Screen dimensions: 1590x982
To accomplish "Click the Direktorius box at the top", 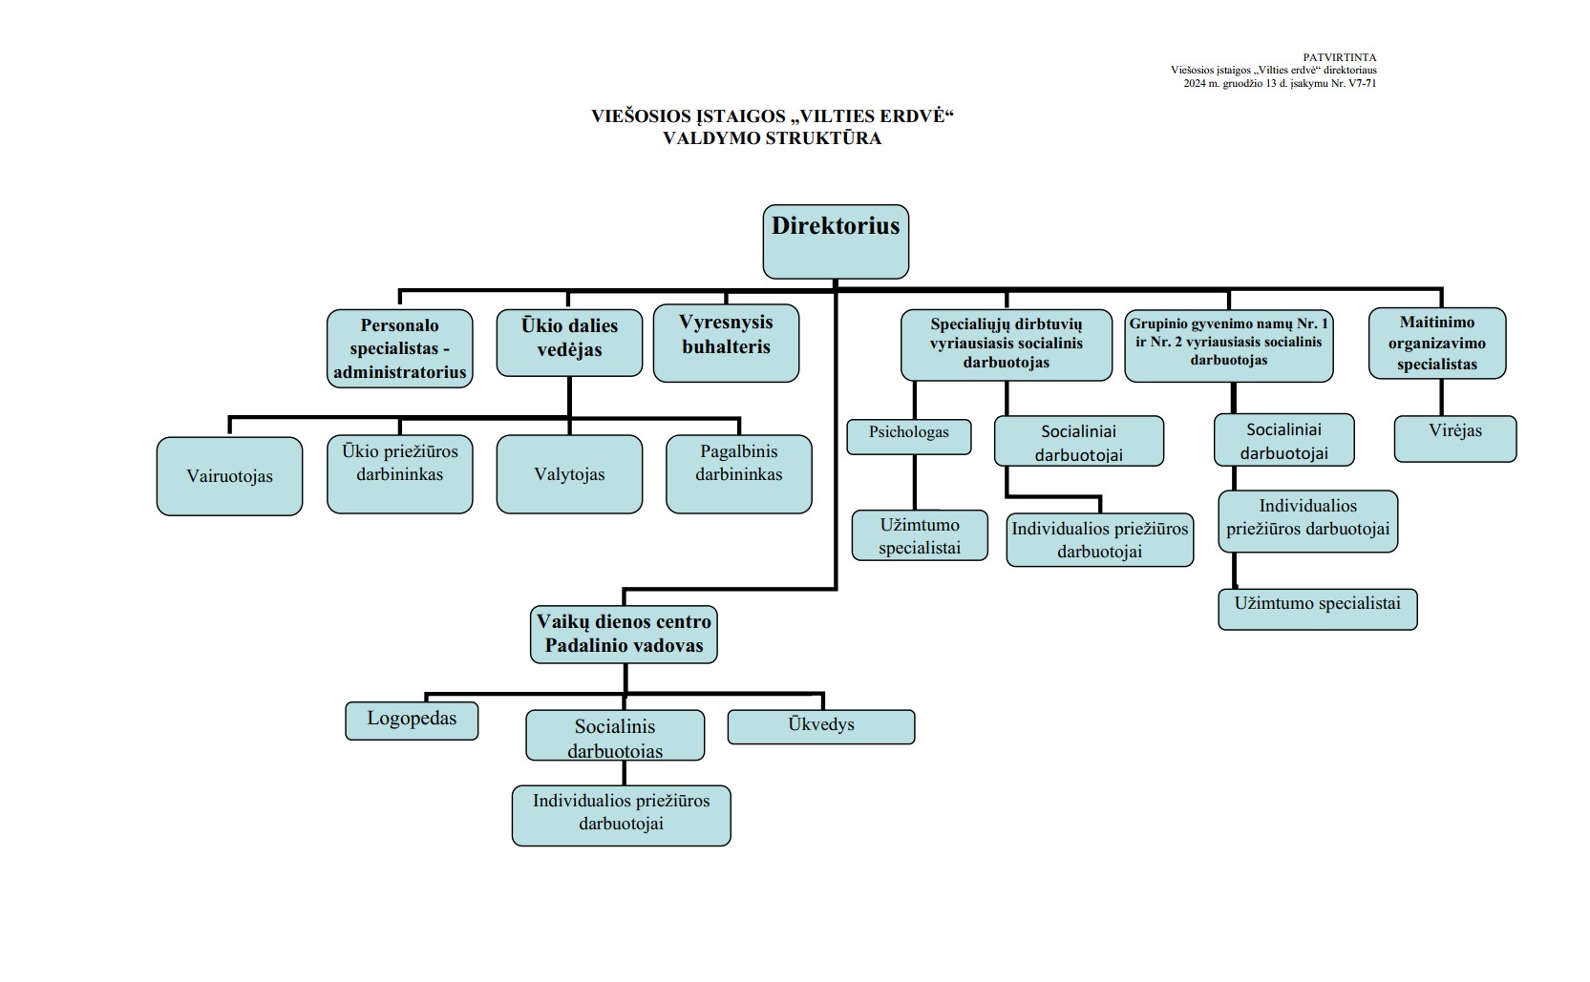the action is coord(836,241).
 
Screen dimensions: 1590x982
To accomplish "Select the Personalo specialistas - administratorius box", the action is coord(399,348).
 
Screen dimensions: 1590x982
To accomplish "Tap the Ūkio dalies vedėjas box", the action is coord(569,343).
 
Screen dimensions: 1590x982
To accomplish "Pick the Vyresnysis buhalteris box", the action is coord(726,344).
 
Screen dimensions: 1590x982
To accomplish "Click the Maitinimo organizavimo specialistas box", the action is coord(1437,344).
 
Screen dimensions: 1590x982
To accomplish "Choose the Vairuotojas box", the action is coord(229,476).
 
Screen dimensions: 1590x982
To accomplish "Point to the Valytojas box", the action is coord(569,474).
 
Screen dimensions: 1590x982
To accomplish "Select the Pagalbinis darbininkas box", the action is coord(739,474).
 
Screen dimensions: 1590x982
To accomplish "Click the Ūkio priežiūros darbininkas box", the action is coord(399,474).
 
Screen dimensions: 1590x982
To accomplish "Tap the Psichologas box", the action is coord(908,437).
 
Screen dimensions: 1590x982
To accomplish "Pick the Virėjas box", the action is coord(1455,439).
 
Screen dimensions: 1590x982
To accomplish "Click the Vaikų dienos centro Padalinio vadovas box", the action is coord(624,635).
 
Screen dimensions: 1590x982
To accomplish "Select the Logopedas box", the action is coord(412,721).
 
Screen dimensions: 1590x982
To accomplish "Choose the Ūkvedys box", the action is coord(821,726).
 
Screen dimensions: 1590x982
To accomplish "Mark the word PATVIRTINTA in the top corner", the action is coord(1340,57).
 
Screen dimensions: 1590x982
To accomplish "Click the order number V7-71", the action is coord(1362,84).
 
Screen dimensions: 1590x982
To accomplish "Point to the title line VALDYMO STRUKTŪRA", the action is coord(773,138).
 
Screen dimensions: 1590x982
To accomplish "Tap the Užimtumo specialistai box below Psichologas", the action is coord(920,535).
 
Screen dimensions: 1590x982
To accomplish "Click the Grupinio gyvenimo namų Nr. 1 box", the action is coord(1229,345).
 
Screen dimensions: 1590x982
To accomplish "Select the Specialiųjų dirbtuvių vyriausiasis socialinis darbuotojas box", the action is coord(1007,345).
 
